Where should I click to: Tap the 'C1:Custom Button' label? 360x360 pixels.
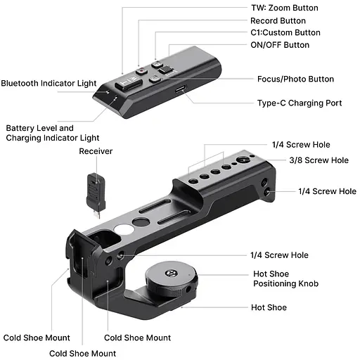point(285,32)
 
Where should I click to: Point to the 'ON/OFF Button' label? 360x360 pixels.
point(279,45)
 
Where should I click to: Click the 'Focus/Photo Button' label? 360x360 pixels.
point(295,79)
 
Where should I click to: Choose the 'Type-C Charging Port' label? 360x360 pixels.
point(300,103)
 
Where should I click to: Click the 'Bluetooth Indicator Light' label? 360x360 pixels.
point(49,83)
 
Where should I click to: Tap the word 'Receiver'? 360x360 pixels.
point(96,151)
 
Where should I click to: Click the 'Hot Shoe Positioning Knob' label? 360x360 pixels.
point(285,278)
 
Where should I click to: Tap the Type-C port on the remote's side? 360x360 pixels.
point(181,89)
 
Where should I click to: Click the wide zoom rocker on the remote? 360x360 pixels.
point(129,82)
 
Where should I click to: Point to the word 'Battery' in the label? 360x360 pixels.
point(20,128)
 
